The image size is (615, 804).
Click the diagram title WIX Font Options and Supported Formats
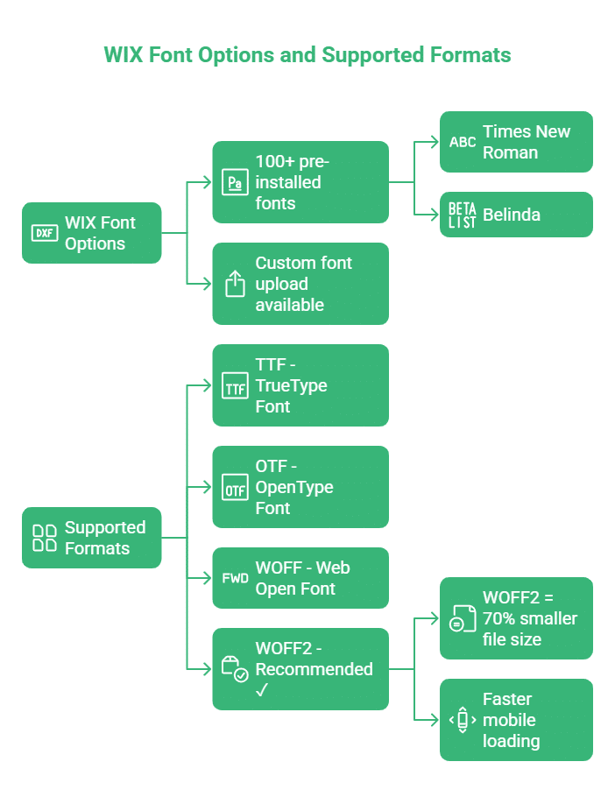tap(307, 54)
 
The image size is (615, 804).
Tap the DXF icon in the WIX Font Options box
tap(44, 233)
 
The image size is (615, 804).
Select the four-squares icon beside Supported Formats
tap(44, 538)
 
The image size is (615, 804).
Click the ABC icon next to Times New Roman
tap(463, 142)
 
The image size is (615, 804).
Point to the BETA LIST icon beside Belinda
tap(463, 215)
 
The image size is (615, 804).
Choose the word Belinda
tap(511, 215)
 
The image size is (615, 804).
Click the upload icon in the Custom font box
tap(235, 284)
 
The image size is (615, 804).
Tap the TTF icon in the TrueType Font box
tap(235, 385)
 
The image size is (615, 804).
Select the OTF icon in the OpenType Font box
tap(235, 487)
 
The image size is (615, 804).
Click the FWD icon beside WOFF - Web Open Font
tap(235, 578)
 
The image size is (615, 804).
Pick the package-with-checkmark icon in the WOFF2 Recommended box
tap(235, 669)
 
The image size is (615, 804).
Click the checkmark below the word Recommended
tap(262, 691)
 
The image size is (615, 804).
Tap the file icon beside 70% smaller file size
tap(462, 618)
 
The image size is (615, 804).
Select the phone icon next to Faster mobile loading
tap(462, 720)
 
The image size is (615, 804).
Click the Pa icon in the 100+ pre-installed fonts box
tap(235, 182)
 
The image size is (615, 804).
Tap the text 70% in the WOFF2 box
tap(499, 618)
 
